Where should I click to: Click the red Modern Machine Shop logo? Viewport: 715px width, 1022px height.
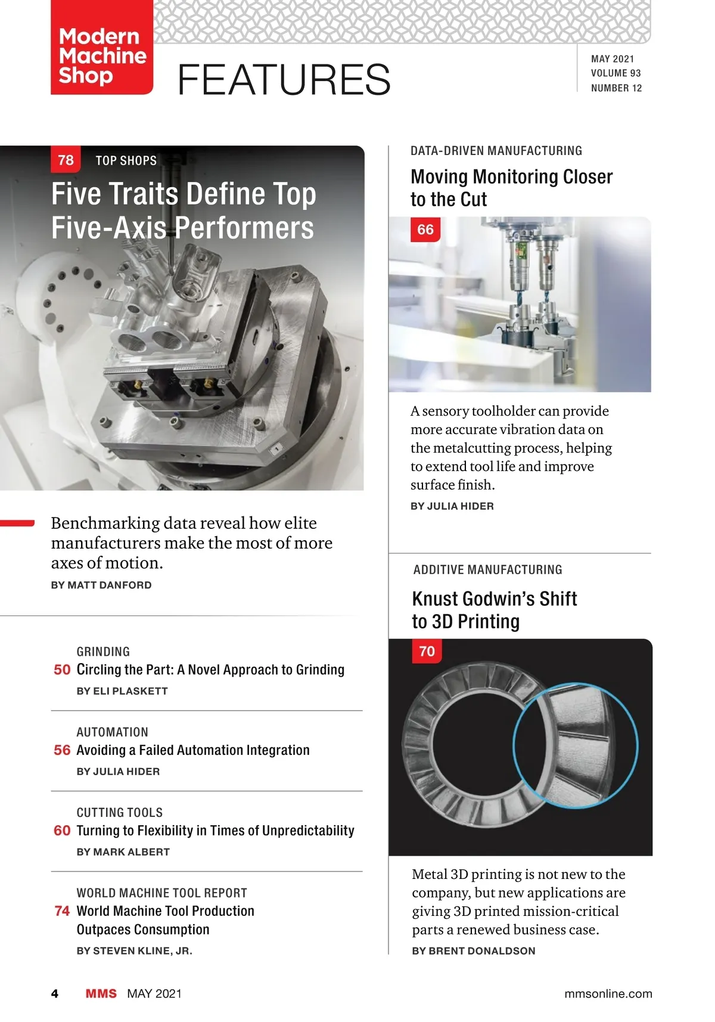point(102,47)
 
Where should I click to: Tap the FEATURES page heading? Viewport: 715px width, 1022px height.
point(284,79)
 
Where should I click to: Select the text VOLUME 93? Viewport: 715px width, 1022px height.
point(615,73)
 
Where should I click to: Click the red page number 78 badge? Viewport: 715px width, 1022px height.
point(66,160)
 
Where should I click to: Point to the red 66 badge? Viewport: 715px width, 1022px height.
point(425,229)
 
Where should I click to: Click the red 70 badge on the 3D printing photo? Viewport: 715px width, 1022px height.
point(427,651)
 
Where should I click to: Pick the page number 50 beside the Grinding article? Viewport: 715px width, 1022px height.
point(62,670)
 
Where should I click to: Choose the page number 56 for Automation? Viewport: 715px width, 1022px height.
point(62,750)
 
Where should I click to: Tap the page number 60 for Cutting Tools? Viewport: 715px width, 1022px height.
point(62,831)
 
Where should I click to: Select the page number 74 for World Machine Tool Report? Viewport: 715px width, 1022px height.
point(62,910)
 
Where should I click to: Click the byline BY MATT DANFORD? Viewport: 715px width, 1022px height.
point(101,585)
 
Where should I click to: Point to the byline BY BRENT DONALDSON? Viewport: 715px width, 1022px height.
point(473,951)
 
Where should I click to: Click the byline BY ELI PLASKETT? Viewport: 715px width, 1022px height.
point(122,690)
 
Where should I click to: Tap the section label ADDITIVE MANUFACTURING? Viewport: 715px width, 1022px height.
point(487,569)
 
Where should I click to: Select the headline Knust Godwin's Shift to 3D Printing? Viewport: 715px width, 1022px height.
point(495,610)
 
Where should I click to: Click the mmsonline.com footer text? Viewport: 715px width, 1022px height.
point(608,994)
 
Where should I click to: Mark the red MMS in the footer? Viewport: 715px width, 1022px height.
point(101,994)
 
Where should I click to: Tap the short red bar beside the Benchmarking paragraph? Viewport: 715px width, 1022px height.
point(17,523)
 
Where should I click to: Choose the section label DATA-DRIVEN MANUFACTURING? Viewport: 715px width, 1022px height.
point(496,151)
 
